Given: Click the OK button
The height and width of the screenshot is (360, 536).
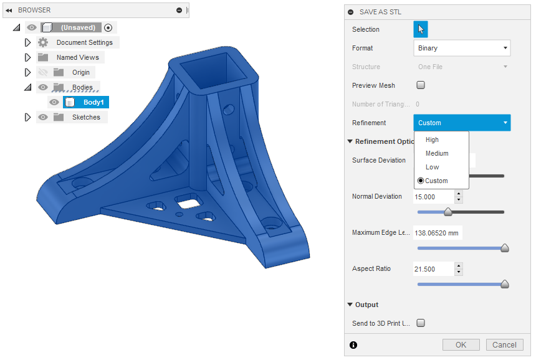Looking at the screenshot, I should tap(461, 345).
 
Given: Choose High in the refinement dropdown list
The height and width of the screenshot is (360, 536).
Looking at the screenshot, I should tap(432, 140).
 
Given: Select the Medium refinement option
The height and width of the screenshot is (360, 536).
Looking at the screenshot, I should tap(437, 153).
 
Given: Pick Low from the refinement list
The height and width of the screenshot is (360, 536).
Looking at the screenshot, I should tap(432, 167).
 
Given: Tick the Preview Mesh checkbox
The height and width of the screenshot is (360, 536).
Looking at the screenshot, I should tap(421, 85).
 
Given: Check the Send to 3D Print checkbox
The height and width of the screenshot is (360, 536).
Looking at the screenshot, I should tap(421, 323).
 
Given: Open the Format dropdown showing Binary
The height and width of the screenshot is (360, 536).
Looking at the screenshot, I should tap(462, 48).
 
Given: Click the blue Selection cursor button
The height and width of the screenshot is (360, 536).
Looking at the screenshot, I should tap(421, 29).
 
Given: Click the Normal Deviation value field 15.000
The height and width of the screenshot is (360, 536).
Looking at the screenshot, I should tap(434, 197).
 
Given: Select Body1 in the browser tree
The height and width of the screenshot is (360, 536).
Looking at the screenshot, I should tap(93, 102).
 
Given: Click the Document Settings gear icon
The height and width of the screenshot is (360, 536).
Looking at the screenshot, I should tap(43, 42).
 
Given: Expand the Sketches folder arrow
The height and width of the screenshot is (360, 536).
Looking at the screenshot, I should tap(27, 117).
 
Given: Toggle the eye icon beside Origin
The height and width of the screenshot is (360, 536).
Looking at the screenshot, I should tap(43, 72).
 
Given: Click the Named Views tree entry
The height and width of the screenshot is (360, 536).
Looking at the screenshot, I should tap(77, 57).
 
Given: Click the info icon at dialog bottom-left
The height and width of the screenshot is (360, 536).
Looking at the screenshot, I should tap(353, 345).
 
